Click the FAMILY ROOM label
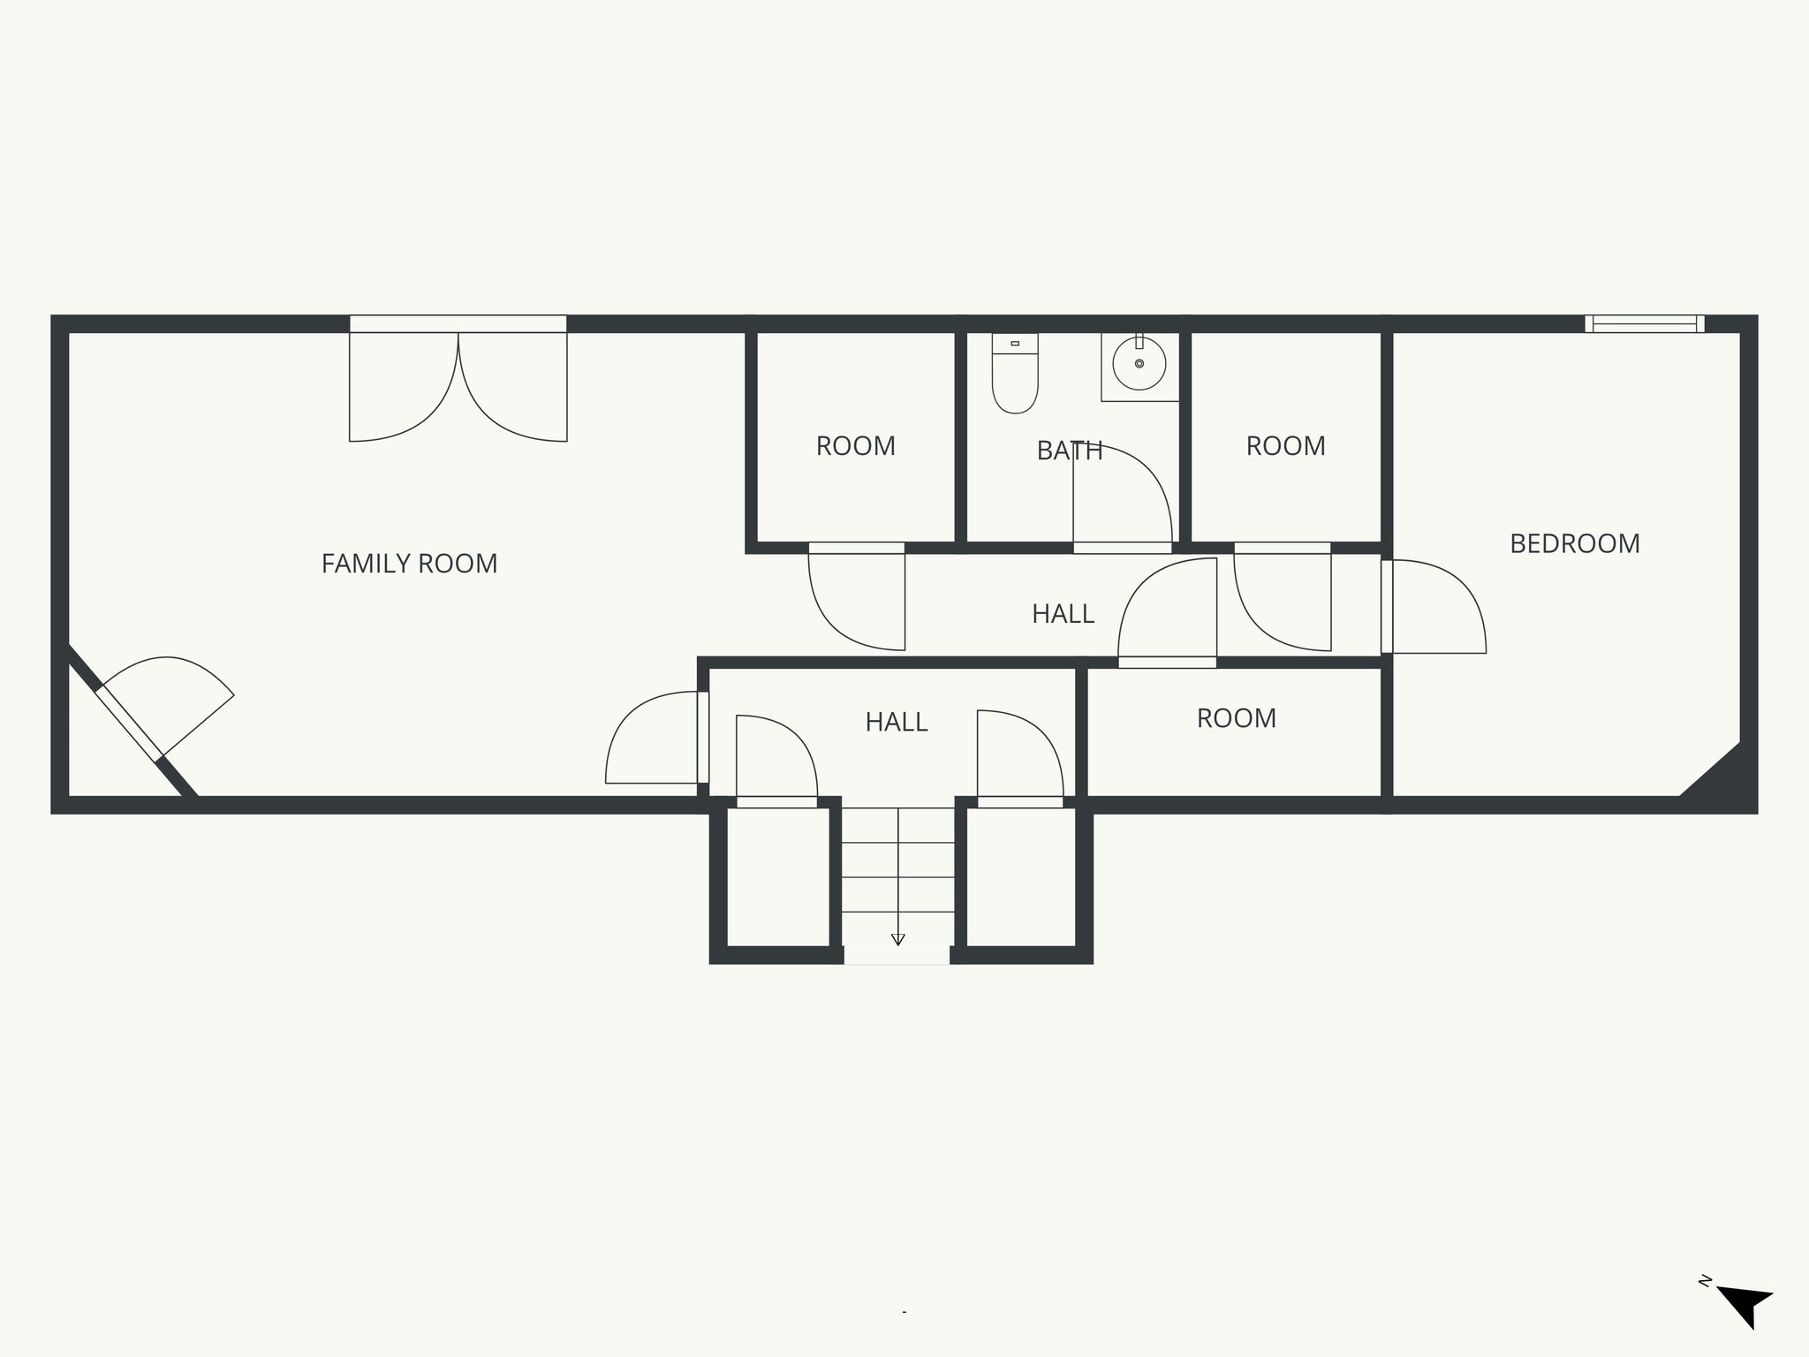click(409, 564)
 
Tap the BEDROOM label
click(1574, 543)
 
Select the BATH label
click(1069, 451)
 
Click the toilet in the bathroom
click(1014, 375)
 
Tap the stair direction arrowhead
click(898, 940)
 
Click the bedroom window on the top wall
click(1644, 323)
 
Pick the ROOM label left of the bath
click(855, 446)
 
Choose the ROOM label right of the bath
click(1285, 446)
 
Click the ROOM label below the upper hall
click(1236, 718)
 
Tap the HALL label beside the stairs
click(896, 723)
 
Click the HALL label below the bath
click(1063, 614)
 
